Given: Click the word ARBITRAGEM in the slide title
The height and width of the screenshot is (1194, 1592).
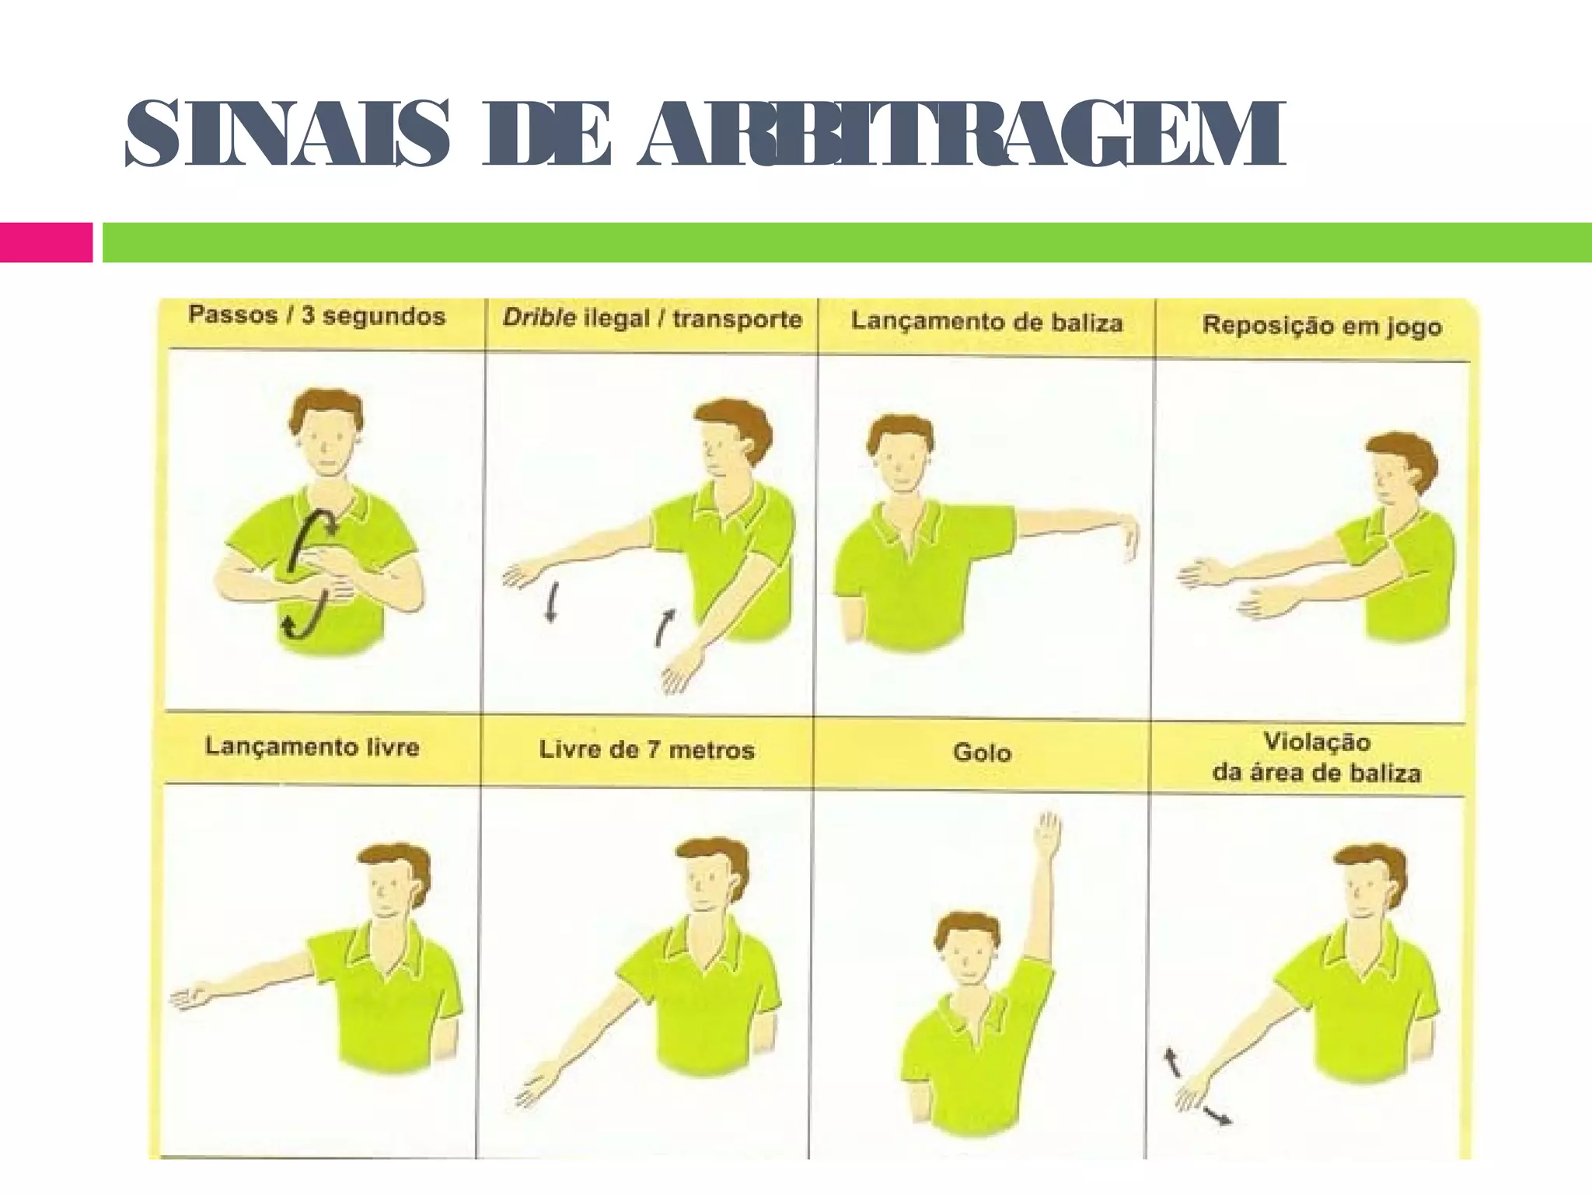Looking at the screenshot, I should (960, 134).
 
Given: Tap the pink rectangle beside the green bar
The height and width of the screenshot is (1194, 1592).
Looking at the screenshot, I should (45, 242).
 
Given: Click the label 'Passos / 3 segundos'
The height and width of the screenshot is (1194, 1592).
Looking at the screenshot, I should (316, 316).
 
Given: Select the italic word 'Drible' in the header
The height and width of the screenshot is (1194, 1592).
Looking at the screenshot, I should (539, 318).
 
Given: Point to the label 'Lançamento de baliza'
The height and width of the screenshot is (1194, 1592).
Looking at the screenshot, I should (986, 321).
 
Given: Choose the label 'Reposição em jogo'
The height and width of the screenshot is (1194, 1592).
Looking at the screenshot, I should (1321, 325).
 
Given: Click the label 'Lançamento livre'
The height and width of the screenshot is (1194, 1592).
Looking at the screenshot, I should (312, 747).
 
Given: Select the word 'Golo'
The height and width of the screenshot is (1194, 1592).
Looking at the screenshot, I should (982, 752).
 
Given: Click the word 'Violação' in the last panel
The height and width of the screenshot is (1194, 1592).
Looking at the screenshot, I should (1316, 742).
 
